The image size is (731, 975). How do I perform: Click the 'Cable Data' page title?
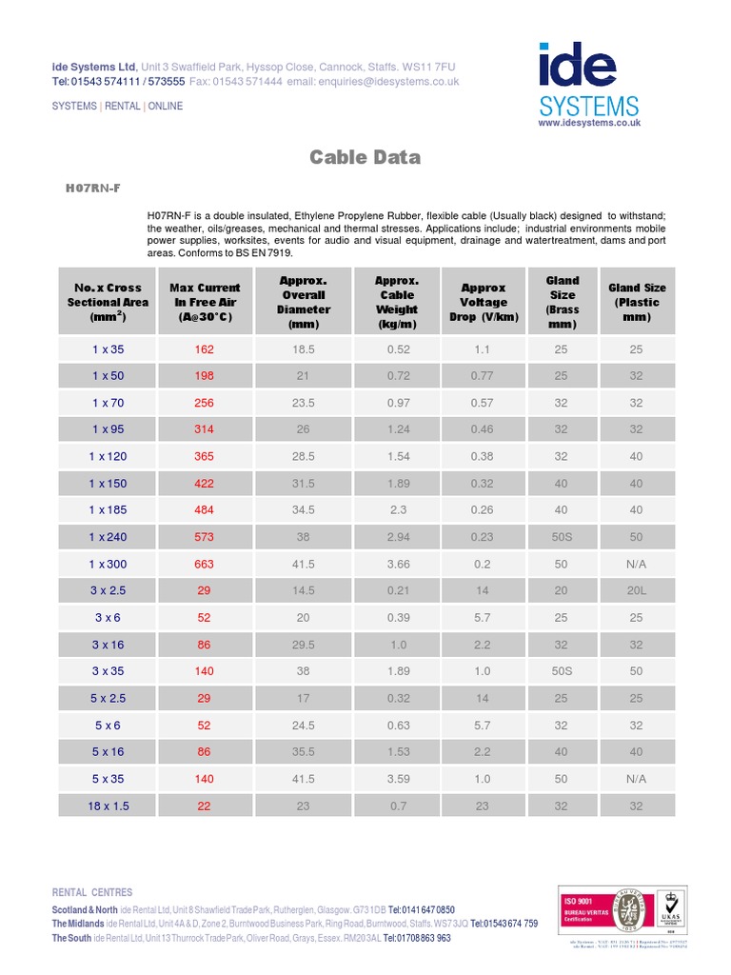coord(365,157)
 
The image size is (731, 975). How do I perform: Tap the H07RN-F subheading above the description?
coord(92,189)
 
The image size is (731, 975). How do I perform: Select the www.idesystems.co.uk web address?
coord(589,123)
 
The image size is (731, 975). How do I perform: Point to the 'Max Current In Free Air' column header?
coord(205,302)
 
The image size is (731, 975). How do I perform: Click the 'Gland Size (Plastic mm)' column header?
coord(637,302)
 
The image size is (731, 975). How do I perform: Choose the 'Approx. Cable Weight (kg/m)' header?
coord(398,302)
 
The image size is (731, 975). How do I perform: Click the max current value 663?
coord(205,564)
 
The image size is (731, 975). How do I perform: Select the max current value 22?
coord(205,806)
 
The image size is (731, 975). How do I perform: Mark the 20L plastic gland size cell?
coord(637,590)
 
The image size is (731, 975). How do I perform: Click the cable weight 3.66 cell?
coord(398,564)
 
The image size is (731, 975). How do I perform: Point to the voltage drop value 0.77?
coord(483,375)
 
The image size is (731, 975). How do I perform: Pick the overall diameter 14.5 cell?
coord(304,590)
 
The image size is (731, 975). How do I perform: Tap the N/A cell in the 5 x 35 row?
coord(637,779)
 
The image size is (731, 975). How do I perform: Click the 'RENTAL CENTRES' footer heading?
coord(92,892)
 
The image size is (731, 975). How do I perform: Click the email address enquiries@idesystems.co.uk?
coord(388,82)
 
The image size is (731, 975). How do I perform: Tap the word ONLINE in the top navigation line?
coord(166,106)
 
